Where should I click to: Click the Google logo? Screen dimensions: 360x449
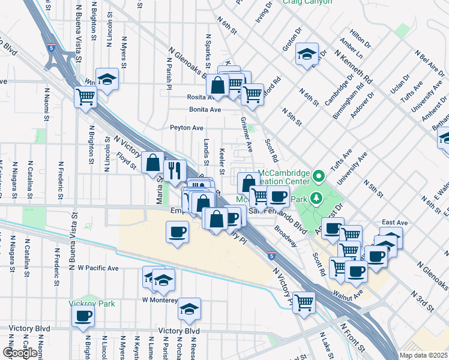click(x=19, y=353)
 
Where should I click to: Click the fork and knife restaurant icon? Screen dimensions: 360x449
click(x=175, y=171)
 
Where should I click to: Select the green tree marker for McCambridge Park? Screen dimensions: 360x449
click(x=318, y=177)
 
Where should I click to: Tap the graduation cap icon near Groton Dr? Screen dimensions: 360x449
click(x=307, y=54)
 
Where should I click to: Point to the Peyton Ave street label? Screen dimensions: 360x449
click(x=186, y=128)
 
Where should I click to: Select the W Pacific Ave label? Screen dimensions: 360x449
click(x=98, y=268)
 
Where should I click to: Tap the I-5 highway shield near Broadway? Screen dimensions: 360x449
click(x=271, y=255)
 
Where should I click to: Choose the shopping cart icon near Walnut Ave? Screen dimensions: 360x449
click(x=304, y=302)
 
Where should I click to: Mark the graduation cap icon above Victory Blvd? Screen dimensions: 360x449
click(x=189, y=309)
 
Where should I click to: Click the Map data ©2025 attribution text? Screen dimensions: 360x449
click(x=423, y=355)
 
